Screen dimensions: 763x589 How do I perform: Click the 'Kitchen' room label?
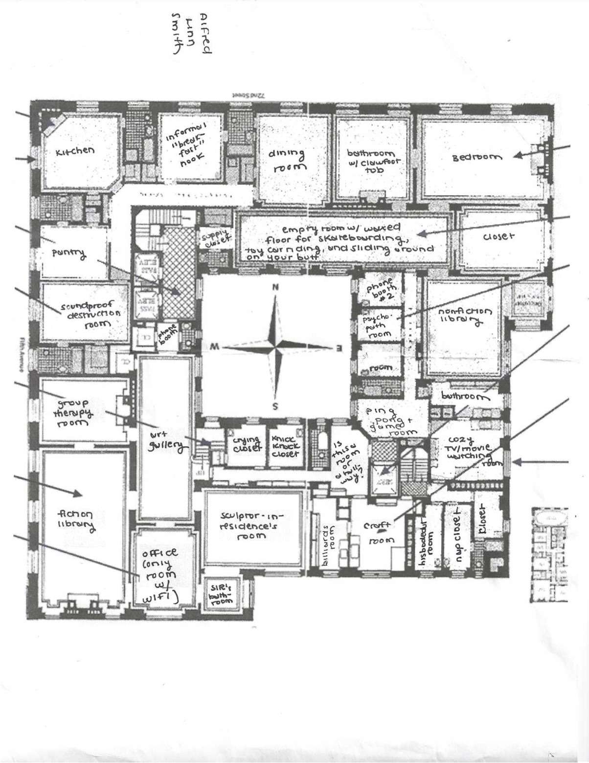75,151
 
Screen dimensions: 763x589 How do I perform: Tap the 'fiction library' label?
76,519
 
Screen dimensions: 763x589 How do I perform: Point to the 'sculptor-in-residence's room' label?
249,526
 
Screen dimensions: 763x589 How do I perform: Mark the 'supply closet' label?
215,238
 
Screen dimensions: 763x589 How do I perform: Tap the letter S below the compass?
275,406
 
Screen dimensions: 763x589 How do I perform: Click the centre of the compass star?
275,346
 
